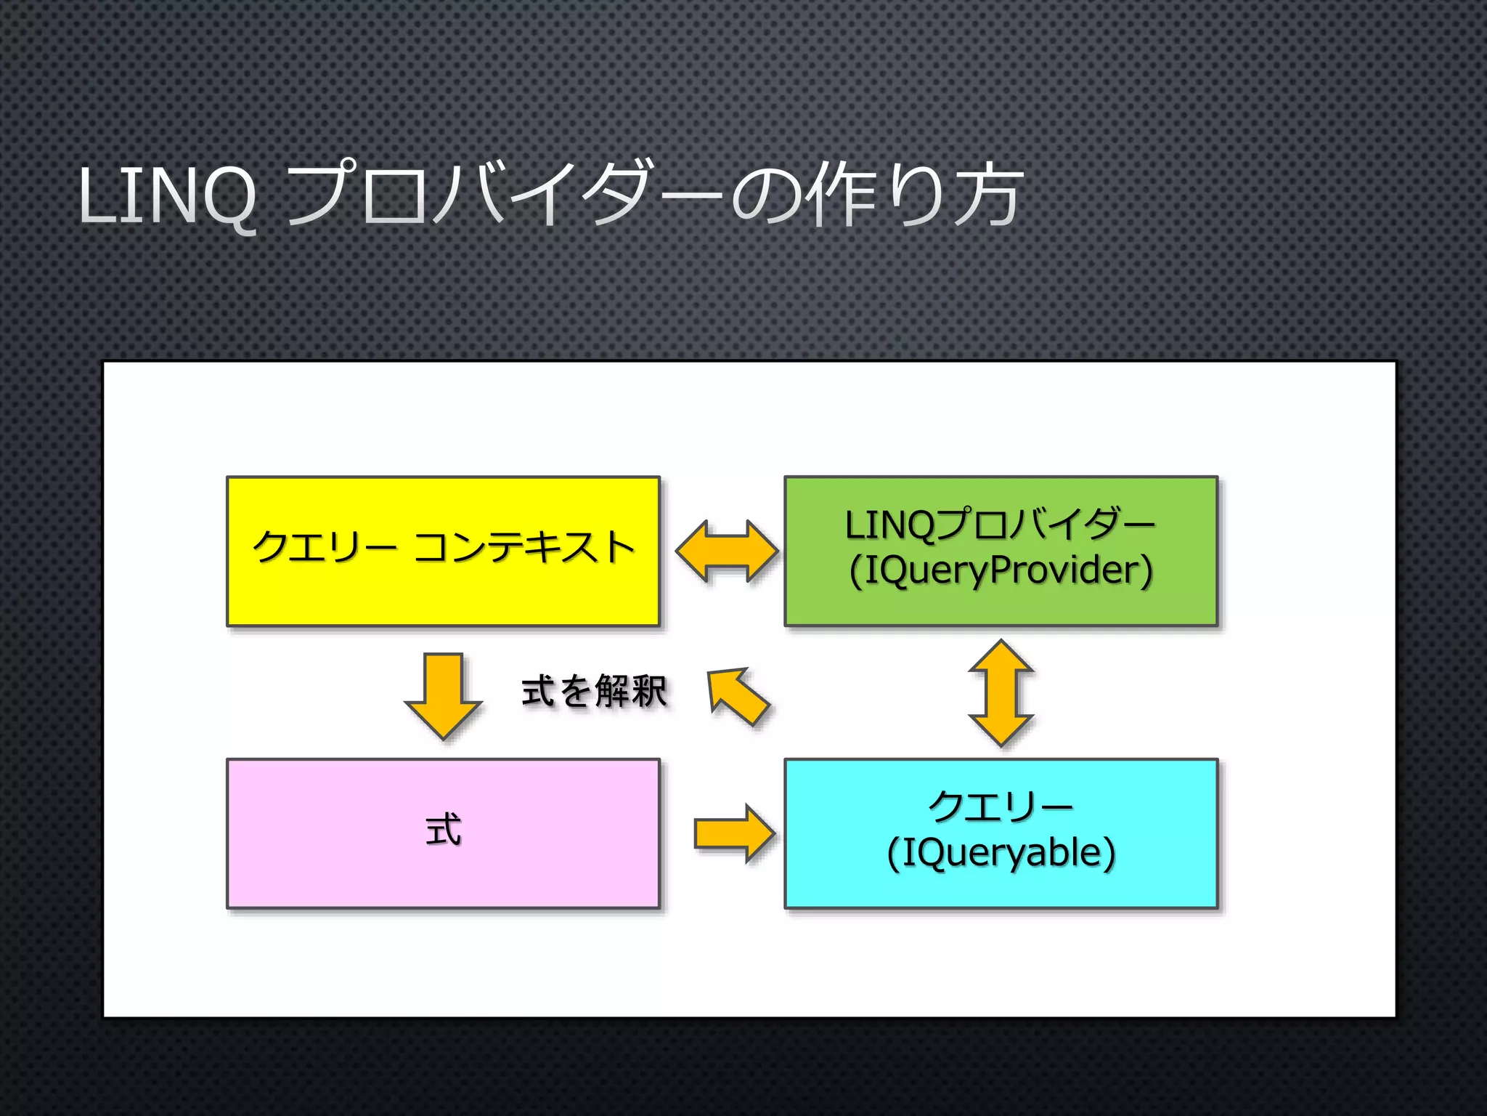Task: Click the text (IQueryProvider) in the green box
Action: click(1001, 570)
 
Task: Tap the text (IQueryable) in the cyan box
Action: click(1001, 853)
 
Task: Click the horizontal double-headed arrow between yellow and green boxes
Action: click(726, 551)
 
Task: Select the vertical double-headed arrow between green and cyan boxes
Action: click(1001, 693)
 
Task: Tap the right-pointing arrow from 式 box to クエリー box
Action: click(733, 833)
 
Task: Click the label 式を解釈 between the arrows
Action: click(594, 691)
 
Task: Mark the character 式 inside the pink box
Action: click(443, 830)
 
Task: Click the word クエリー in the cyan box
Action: click(1001, 807)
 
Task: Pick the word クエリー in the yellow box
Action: click(324, 547)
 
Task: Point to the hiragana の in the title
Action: click(767, 195)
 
